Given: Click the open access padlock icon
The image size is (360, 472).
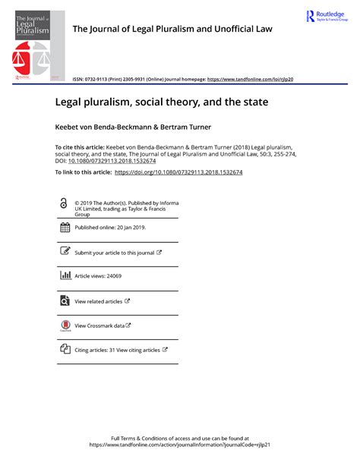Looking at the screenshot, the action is click(64, 203).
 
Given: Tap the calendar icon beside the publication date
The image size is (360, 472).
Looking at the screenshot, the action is click(65, 228).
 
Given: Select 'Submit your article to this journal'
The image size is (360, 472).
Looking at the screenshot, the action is click(115, 252).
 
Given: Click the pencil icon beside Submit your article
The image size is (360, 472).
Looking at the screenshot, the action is click(65, 251).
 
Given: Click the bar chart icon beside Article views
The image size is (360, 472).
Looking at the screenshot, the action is click(65, 276).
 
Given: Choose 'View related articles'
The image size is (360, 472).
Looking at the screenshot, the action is click(99, 301).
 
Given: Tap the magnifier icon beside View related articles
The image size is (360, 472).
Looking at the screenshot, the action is click(65, 301).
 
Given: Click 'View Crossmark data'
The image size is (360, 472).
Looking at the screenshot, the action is click(99, 326).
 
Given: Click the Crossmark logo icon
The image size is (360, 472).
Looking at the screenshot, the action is click(65, 326).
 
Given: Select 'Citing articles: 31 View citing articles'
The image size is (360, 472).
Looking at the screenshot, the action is click(118, 350).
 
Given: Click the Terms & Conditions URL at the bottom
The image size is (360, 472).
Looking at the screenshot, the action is click(180, 445).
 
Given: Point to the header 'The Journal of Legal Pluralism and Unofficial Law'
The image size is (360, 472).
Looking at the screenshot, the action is click(172, 30).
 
